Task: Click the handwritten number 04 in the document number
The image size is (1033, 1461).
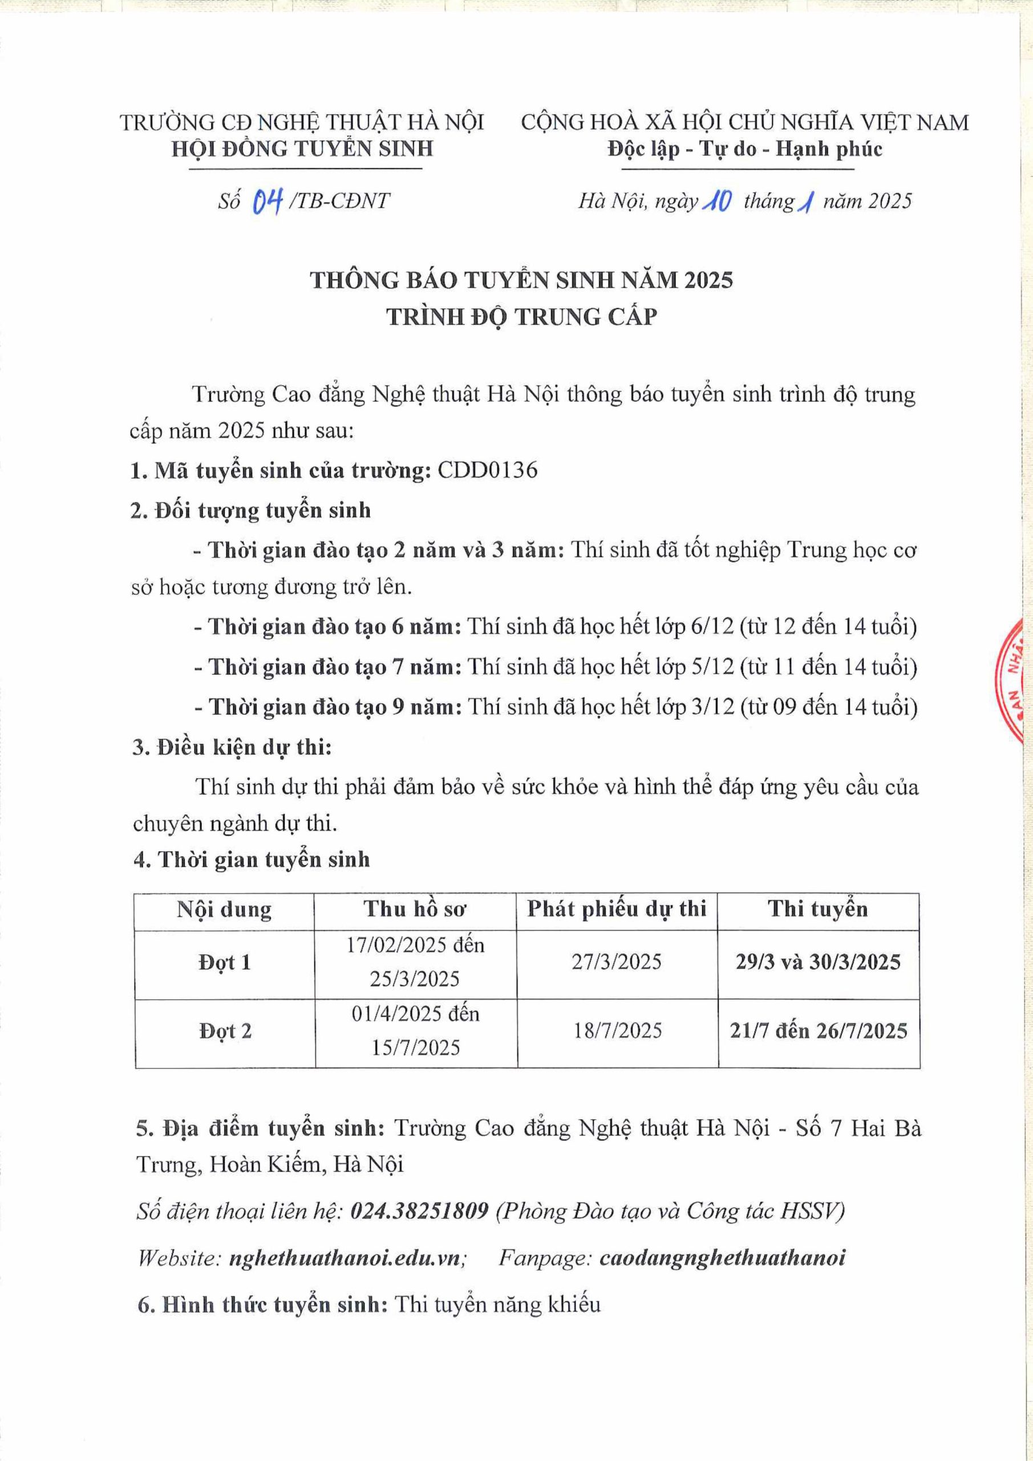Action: point(268,203)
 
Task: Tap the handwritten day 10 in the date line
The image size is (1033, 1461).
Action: point(717,203)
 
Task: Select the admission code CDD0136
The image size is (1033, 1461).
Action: point(488,470)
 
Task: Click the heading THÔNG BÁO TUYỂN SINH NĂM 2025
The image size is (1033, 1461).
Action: point(521,280)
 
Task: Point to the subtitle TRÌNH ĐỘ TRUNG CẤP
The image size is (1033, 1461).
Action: point(521,316)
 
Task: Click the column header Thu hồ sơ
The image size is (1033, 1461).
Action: point(415,909)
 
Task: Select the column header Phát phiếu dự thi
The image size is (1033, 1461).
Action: point(617,909)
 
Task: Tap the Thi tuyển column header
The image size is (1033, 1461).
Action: point(818,909)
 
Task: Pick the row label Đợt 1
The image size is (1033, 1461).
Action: point(225,962)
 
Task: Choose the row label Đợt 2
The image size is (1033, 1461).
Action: point(225,1030)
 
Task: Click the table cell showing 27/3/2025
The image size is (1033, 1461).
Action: point(617,962)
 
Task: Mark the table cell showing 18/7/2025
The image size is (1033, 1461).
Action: point(618,1030)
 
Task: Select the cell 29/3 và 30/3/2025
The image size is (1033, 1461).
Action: point(818,962)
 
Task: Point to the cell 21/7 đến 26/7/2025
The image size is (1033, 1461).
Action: point(819,1030)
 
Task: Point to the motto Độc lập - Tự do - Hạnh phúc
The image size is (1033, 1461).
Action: point(745,149)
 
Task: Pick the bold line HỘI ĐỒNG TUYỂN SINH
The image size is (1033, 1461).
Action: point(303,149)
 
